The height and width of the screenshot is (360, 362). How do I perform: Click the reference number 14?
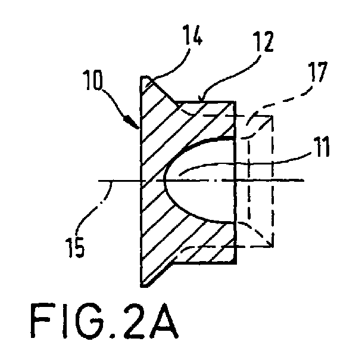pos(192,35)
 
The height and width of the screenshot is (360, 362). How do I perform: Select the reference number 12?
pos(264,42)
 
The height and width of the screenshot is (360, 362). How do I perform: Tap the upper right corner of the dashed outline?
pos(273,116)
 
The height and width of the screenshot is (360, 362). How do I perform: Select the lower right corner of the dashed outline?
pos(273,247)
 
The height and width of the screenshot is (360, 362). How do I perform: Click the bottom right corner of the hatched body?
pos(236,263)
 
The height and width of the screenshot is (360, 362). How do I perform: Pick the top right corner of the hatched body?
pos(235,101)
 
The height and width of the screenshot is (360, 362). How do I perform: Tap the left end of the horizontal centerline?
pos(99,181)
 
